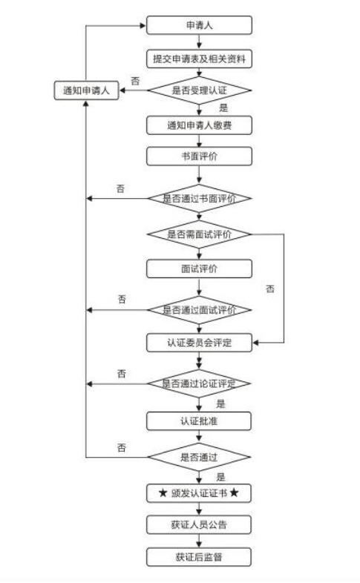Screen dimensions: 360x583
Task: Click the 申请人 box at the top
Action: coord(199,25)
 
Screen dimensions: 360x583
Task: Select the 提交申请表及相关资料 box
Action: coord(199,59)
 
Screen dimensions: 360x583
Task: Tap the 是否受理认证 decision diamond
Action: coord(199,90)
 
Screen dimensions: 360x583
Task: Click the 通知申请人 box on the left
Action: coord(86,90)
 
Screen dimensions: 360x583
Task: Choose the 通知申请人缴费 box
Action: coord(199,125)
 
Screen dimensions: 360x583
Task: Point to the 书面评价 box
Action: coord(199,157)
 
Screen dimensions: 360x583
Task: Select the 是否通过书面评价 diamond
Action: coord(199,199)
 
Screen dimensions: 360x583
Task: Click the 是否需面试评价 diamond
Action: coord(199,234)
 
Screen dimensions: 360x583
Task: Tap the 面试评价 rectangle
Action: coord(199,269)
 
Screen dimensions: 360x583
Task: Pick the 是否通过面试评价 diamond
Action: coord(199,310)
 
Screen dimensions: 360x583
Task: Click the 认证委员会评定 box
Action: coord(199,343)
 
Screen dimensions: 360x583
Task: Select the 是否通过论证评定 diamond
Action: coord(199,383)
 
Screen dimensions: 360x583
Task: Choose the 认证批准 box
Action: coord(199,421)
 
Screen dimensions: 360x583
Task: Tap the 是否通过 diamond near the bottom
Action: coord(199,457)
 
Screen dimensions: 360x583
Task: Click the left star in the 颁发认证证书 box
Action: coord(163,493)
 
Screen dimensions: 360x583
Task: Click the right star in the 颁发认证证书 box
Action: coord(234,493)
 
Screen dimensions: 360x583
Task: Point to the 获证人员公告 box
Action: coord(199,525)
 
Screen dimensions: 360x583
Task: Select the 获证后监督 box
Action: coord(199,557)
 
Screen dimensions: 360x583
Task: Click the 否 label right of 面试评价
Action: coord(270,289)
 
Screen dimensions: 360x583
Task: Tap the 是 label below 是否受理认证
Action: coord(223,108)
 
